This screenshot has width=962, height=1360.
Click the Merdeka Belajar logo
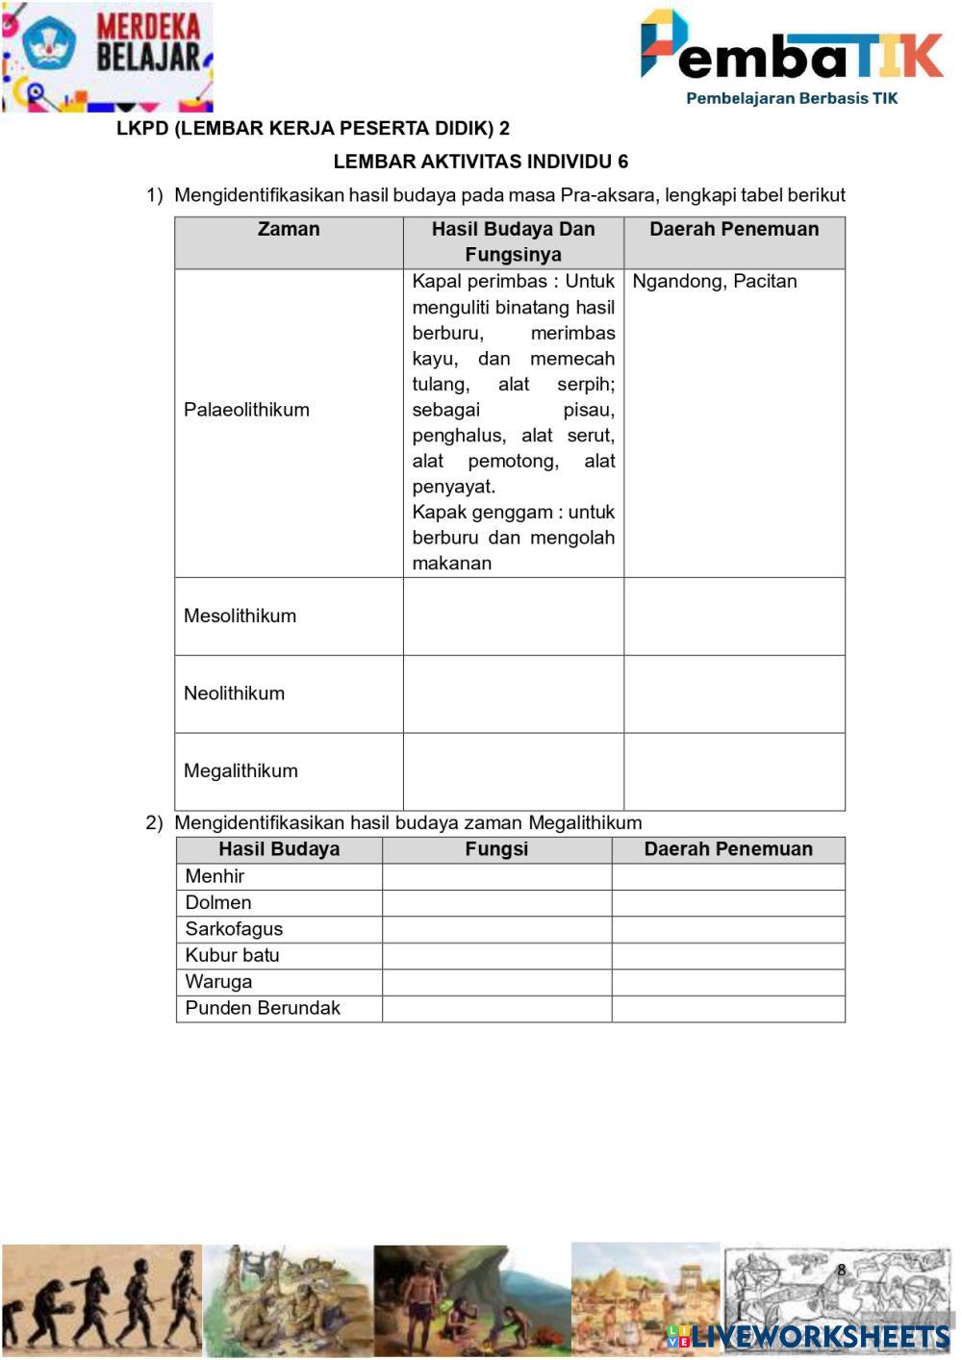107,57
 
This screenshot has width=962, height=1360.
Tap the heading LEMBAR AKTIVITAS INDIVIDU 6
481,162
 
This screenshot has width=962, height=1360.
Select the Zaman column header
289,230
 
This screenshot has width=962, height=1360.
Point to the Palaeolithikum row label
246,410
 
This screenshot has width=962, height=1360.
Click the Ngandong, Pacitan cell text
715,282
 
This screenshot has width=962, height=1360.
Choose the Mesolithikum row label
240,617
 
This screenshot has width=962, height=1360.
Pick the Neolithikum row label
234,693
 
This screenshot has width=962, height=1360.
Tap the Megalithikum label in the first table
240,771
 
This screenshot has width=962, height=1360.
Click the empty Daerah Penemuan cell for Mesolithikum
734,617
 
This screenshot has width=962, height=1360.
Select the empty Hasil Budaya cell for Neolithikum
513,694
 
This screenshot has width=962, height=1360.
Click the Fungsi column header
496,849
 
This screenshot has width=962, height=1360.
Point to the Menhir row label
215,876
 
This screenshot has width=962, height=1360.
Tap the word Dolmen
218,903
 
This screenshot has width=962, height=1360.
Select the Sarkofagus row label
234,929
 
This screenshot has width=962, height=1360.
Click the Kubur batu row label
232,956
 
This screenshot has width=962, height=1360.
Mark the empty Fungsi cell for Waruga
496,982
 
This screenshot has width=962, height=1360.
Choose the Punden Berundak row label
263,1009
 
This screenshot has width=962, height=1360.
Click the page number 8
841,1270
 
